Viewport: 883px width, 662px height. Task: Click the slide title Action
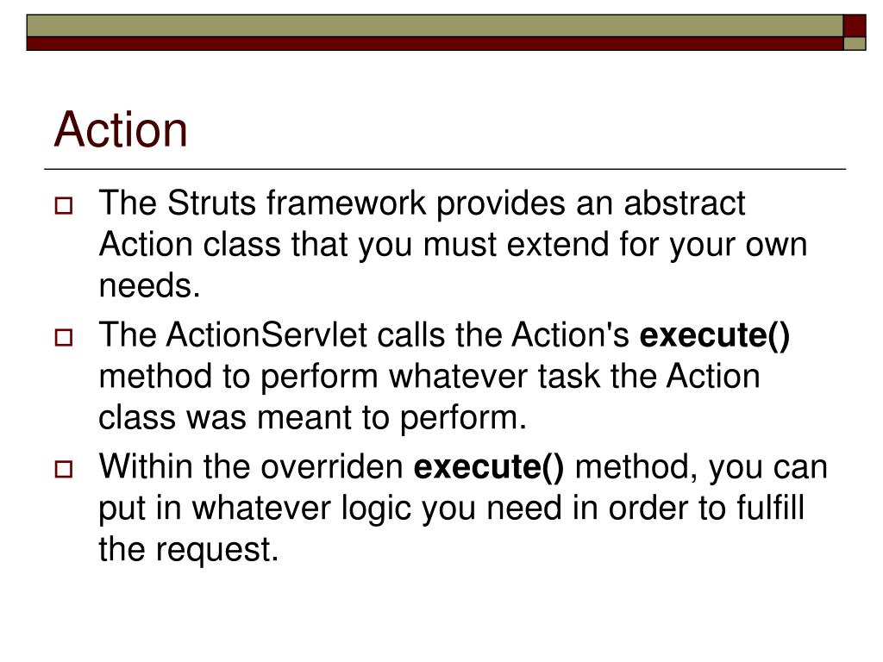121,130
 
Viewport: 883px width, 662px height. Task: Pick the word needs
149,286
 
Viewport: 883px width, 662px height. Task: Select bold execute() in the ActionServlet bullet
714,335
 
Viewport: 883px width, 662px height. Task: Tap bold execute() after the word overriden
490,467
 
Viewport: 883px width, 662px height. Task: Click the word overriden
332,467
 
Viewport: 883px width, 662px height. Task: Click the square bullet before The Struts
64,207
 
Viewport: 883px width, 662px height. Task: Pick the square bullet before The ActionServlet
64,338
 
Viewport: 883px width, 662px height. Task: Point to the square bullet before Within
64,470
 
